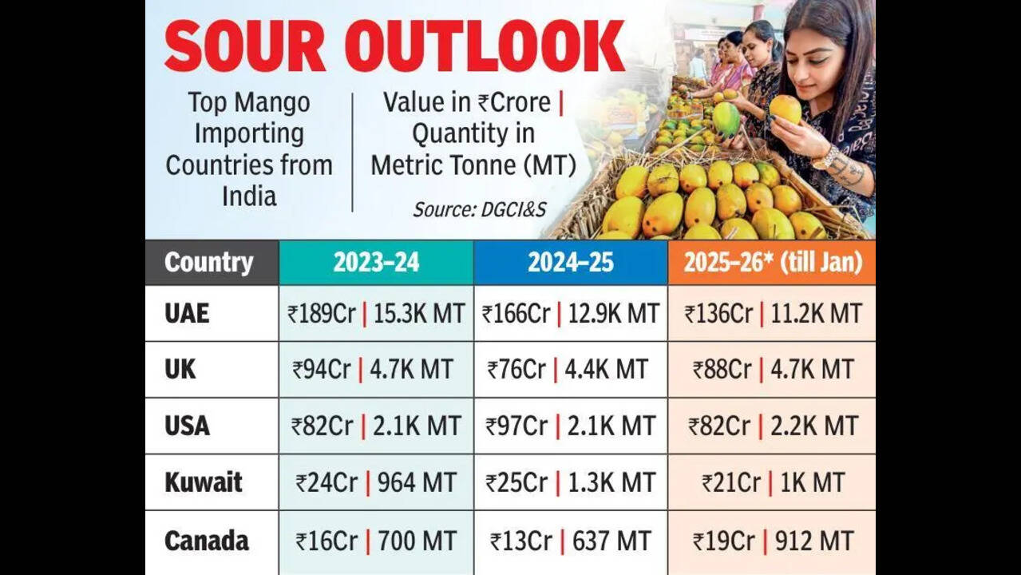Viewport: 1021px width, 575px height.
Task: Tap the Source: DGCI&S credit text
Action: tap(479, 209)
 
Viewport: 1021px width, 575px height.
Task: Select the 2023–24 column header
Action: tap(376, 263)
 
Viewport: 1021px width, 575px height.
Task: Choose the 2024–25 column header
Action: tap(570, 263)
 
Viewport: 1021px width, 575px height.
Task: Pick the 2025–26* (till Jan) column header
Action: tap(772, 263)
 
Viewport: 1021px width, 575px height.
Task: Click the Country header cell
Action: tap(209, 263)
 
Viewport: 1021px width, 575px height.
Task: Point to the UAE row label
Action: tap(187, 313)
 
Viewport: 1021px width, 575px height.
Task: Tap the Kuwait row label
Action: tap(204, 482)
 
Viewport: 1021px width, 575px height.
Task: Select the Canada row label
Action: tap(206, 541)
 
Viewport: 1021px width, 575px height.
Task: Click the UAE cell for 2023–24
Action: tap(376, 313)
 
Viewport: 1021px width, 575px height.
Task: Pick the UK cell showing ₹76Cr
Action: tap(570, 370)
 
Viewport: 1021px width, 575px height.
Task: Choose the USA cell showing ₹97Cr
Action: tap(570, 426)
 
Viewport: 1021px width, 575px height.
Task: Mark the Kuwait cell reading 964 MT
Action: tap(376, 482)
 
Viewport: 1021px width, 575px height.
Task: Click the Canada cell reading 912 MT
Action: tap(772, 541)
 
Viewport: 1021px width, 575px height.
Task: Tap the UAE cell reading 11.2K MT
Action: tap(772, 313)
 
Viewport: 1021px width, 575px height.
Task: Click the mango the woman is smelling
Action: tap(785, 109)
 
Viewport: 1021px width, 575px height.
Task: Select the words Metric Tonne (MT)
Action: tap(473, 165)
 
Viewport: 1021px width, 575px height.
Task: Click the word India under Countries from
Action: tap(248, 196)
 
